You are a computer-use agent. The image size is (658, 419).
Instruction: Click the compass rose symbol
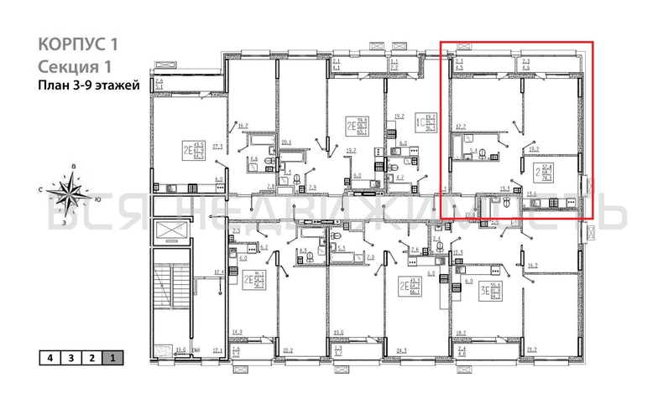click(70, 194)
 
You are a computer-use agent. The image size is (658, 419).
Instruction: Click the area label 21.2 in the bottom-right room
click(531, 350)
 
